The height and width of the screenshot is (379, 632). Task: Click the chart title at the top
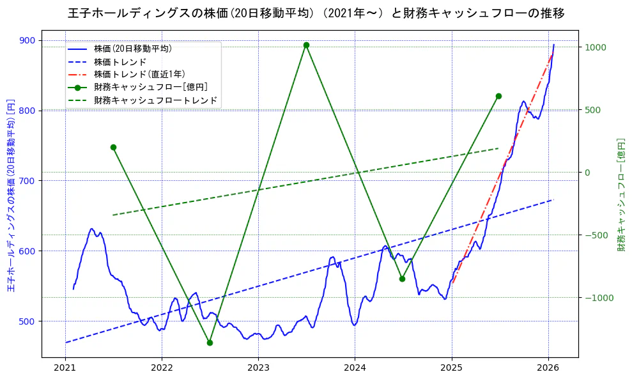(x=316, y=13)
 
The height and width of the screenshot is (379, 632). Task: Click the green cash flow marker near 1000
(x=306, y=45)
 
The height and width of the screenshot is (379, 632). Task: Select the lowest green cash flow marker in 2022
(x=210, y=343)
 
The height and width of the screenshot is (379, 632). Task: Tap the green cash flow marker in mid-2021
(x=113, y=147)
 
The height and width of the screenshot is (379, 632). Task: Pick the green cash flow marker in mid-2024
(x=402, y=279)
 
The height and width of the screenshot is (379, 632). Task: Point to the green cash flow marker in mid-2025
(x=498, y=96)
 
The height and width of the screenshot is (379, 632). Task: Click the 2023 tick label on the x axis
(x=258, y=367)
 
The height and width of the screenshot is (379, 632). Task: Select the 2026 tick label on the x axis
(x=548, y=367)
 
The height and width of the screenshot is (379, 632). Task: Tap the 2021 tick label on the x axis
(x=65, y=367)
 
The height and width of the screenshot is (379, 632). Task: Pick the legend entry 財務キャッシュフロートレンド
(x=155, y=100)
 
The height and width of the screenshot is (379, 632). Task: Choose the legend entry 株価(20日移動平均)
(x=132, y=48)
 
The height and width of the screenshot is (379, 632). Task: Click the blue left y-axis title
(x=10, y=196)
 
